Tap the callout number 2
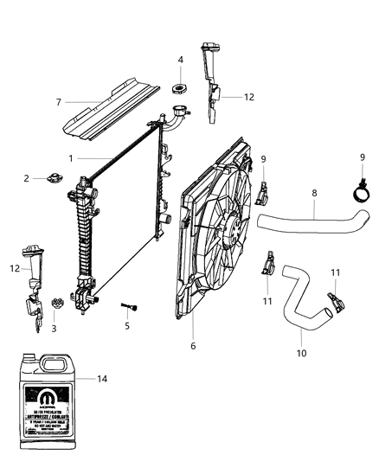pos(27,178)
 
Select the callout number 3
pos(54,328)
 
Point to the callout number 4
pos(180,60)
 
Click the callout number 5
pos(127,327)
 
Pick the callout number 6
pos(193,346)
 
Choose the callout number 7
pos(59,103)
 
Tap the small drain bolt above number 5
pos(131,308)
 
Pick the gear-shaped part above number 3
pos(58,304)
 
